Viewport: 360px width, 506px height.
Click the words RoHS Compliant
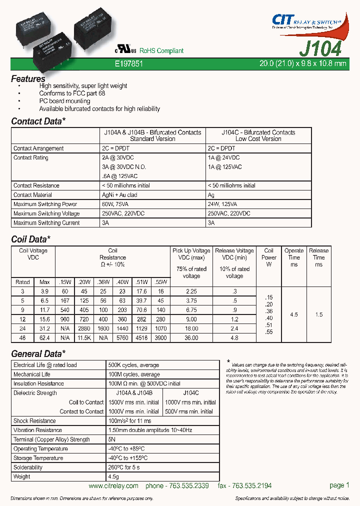[161, 51]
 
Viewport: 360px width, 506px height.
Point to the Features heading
[28, 78]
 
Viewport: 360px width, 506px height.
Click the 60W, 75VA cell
[119, 204]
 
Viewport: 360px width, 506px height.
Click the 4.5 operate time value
[294, 314]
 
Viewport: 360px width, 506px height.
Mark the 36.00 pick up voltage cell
[191, 338]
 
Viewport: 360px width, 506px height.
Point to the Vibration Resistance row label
[37, 430]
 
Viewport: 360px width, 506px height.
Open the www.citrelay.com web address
[113, 486]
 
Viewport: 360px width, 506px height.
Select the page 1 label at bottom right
[339, 485]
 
